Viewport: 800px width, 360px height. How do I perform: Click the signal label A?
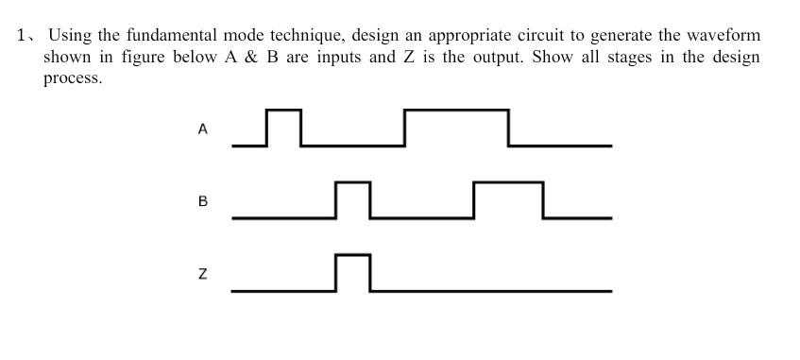coord(202,129)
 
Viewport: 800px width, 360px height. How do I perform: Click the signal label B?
coord(202,201)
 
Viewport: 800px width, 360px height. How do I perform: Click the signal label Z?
coord(202,274)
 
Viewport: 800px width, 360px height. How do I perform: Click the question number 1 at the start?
coord(21,36)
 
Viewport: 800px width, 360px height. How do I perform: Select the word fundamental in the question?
coord(171,36)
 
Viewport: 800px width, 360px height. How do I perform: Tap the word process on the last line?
coord(72,79)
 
